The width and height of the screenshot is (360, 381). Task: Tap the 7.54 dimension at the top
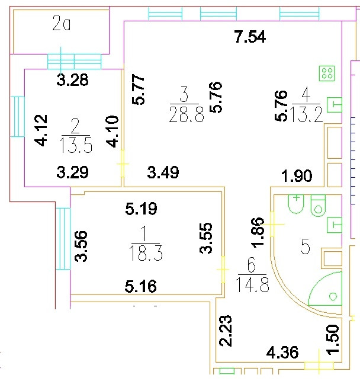[x=250, y=37]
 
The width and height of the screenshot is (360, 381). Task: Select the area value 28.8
[x=187, y=114]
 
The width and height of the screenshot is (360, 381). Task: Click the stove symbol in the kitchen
[x=327, y=73]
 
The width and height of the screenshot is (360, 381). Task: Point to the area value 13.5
[x=75, y=145]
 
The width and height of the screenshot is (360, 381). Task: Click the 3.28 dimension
[x=72, y=81]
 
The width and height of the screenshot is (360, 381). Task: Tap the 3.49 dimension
[x=163, y=173]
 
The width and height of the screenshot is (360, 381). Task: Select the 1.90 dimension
[x=296, y=175]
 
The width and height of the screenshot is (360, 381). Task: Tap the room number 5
[x=306, y=247]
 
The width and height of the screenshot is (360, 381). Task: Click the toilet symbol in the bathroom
[x=319, y=206]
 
